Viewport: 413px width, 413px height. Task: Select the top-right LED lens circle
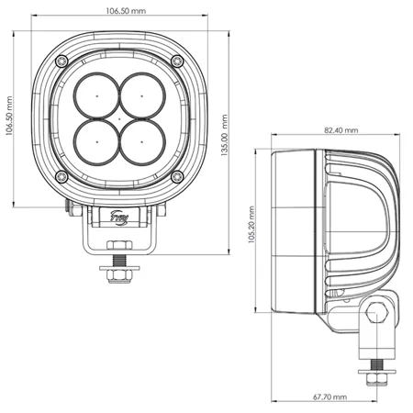click(141, 95)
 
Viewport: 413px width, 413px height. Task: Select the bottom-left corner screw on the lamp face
click(61, 175)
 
